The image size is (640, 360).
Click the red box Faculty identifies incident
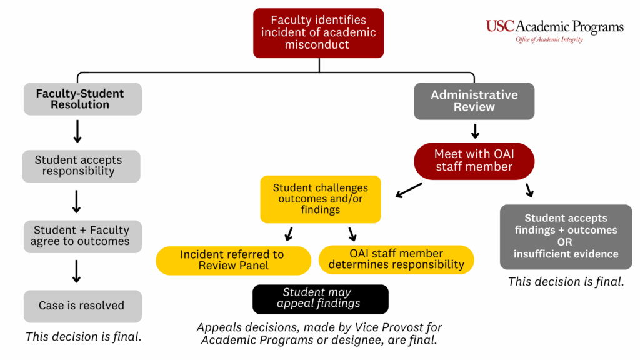coord(318,32)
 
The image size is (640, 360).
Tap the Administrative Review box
coord(474,101)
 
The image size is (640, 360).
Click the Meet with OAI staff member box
coord(474,160)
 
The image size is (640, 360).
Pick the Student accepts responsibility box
coord(81,166)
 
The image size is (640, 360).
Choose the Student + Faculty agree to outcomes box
coord(81,236)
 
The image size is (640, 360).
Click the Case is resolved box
coord(82,306)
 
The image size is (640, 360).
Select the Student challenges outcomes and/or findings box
coord(320,199)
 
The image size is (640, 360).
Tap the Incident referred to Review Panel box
coord(232,260)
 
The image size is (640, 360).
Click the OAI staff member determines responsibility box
coord(396,259)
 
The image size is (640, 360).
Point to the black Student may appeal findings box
coord(320,299)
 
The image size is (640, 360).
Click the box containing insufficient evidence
coord(566,236)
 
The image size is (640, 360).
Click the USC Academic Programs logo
coord(554,27)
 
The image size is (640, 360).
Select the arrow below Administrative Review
coord(474,131)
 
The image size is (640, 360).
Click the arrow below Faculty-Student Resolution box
coord(77,131)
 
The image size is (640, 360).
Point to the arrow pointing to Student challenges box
coord(409,189)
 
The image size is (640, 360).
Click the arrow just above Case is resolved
coord(77,272)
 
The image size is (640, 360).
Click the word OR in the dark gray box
coord(565,242)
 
